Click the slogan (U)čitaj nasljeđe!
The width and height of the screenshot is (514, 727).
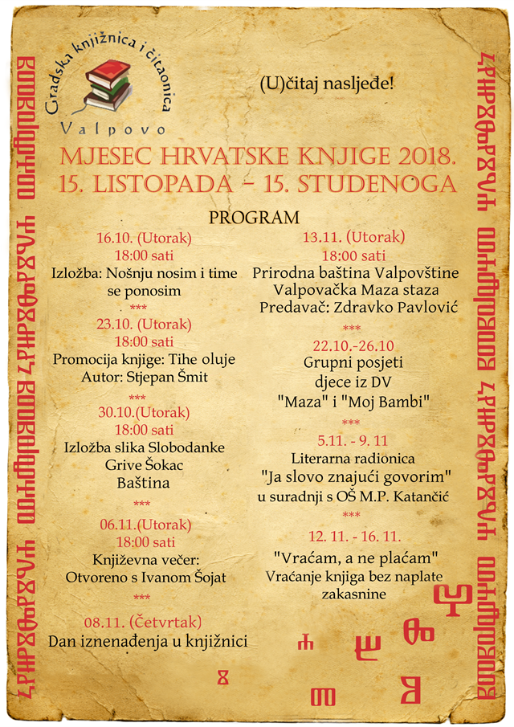(327, 84)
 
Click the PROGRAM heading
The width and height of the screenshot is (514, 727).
(254, 218)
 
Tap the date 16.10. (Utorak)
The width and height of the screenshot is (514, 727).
(143, 238)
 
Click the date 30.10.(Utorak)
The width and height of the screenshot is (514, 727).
(143, 412)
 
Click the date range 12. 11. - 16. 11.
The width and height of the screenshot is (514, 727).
(354, 536)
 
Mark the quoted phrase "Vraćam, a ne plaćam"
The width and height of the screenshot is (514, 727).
(354, 558)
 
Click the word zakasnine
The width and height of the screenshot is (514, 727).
(354, 594)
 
